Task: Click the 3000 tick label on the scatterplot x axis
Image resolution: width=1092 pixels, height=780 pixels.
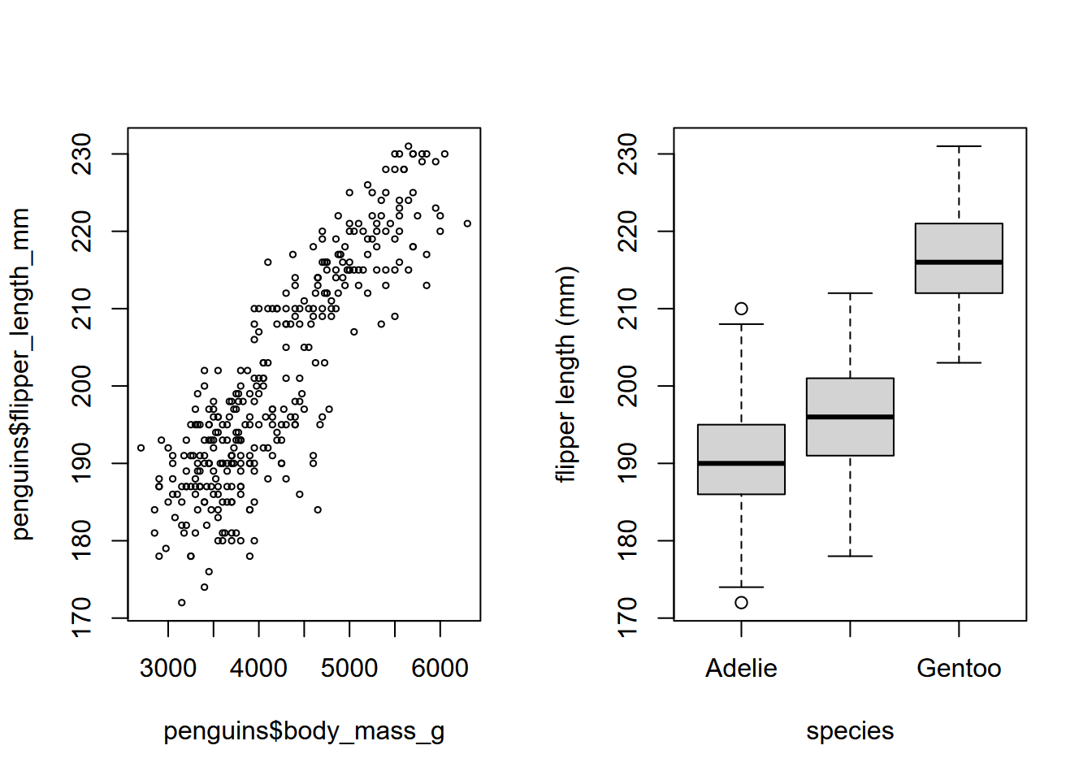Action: point(168,668)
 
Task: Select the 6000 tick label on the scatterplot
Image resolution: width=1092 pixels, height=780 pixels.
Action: point(440,668)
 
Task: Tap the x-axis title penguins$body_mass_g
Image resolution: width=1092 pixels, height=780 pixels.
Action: point(304,731)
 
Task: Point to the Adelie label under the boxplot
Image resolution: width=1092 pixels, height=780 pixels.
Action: point(741,668)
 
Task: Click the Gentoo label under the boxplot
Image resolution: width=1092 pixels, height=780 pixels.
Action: point(959,668)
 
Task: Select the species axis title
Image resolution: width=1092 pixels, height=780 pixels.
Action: point(850,731)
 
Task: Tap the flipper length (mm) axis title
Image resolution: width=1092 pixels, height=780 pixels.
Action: point(565,374)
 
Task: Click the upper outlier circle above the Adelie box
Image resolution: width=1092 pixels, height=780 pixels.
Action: point(741,309)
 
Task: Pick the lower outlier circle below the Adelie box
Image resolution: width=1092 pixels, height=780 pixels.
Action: point(741,603)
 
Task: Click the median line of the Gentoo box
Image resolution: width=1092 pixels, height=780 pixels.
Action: point(959,262)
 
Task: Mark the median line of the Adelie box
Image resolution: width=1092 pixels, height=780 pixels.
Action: point(741,463)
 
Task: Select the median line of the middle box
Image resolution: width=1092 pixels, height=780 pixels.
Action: point(850,417)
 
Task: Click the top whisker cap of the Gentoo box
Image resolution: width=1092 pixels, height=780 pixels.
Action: point(959,146)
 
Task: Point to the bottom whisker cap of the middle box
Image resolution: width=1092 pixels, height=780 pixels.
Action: point(850,556)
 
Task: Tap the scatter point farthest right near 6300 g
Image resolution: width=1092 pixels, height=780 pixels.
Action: point(467,223)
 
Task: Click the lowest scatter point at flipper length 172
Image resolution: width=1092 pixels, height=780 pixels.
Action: point(182,603)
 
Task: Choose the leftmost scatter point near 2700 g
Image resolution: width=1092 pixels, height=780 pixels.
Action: point(141,448)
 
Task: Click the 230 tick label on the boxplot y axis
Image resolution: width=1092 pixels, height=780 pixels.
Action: point(628,154)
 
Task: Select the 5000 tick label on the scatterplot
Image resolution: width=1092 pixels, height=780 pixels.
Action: point(349,668)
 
